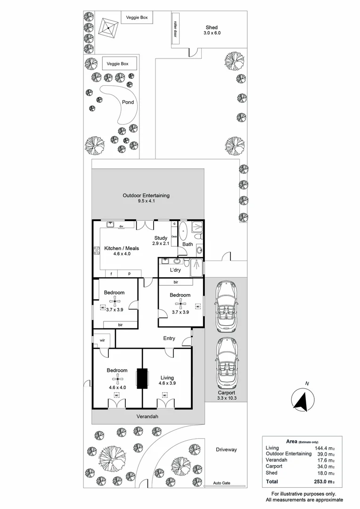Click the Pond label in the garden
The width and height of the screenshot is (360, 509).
tap(128, 102)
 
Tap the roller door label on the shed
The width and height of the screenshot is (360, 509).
tap(175, 29)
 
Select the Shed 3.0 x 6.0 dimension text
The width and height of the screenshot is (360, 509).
tap(212, 33)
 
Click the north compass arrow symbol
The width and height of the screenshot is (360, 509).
tap(300, 401)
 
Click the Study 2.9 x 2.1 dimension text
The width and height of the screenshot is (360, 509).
tap(160, 243)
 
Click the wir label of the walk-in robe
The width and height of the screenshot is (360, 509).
tap(101, 340)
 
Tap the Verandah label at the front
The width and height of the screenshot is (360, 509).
tap(147, 417)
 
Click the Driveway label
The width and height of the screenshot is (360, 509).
tap(226, 450)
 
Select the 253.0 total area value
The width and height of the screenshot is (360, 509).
tap(324, 482)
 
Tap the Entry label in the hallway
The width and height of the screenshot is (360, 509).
tap(169, 338)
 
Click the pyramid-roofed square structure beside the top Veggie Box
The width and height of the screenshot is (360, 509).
tap(108, 28)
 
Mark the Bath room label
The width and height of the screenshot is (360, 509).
tap(188, 244)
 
